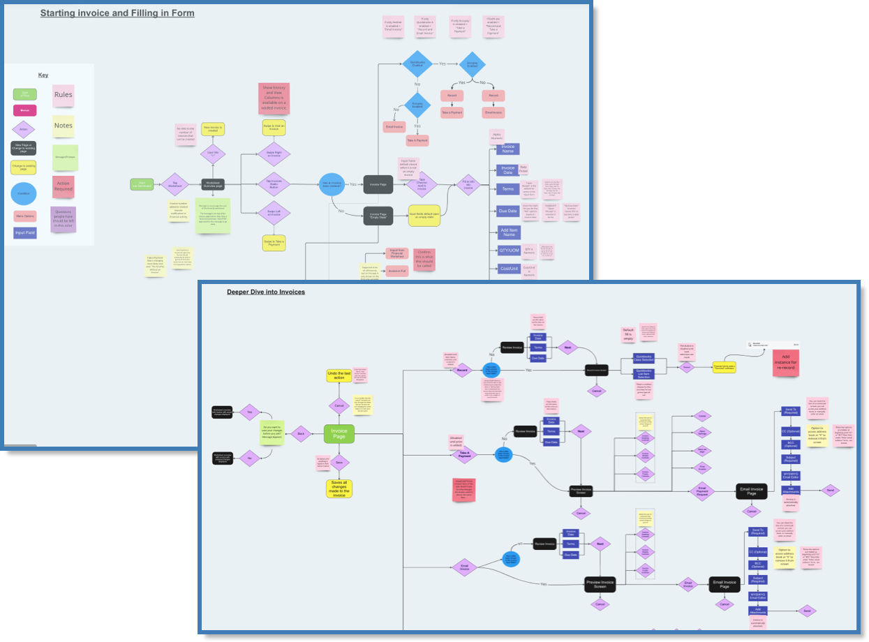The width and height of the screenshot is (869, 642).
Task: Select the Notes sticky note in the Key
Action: coord(63,126)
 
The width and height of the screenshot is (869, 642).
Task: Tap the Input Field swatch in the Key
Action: coord(25,233)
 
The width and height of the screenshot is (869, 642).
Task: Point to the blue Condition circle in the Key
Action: coord(24,194)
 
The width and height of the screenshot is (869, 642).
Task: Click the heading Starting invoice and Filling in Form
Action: coord(117,13)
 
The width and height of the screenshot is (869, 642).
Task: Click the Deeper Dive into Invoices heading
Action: coord(266,292)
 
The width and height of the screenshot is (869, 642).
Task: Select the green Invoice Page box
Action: coord(339,434)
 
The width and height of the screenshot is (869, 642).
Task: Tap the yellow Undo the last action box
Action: coord(339,376)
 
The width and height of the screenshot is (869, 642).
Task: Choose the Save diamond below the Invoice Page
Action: coord(339,462)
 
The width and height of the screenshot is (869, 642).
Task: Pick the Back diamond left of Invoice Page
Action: coord(301,434)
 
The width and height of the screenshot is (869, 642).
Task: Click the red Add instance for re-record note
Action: coord(785,363)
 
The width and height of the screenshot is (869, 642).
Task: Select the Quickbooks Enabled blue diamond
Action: coord(417,64)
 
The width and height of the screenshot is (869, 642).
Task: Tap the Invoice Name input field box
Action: coord(507,149)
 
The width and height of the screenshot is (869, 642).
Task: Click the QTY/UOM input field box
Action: coord(508,249)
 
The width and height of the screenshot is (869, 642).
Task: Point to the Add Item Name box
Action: coord(508,231)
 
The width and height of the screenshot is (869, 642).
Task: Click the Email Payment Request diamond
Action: coord(702,491)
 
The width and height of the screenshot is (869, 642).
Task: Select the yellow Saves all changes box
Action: coord(339,488)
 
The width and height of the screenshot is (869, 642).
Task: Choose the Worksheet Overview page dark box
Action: coord(213,184)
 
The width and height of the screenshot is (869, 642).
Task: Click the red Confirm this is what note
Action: coord(424,259)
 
